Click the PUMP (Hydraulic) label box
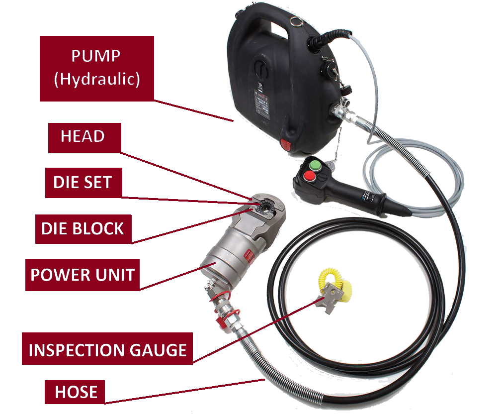point(97,69)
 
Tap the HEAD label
point(84,138)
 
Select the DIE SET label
point(83,183)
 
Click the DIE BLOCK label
point(83,229)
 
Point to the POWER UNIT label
point(83,275)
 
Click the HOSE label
point(75,392)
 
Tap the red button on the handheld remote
point(309,176)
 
